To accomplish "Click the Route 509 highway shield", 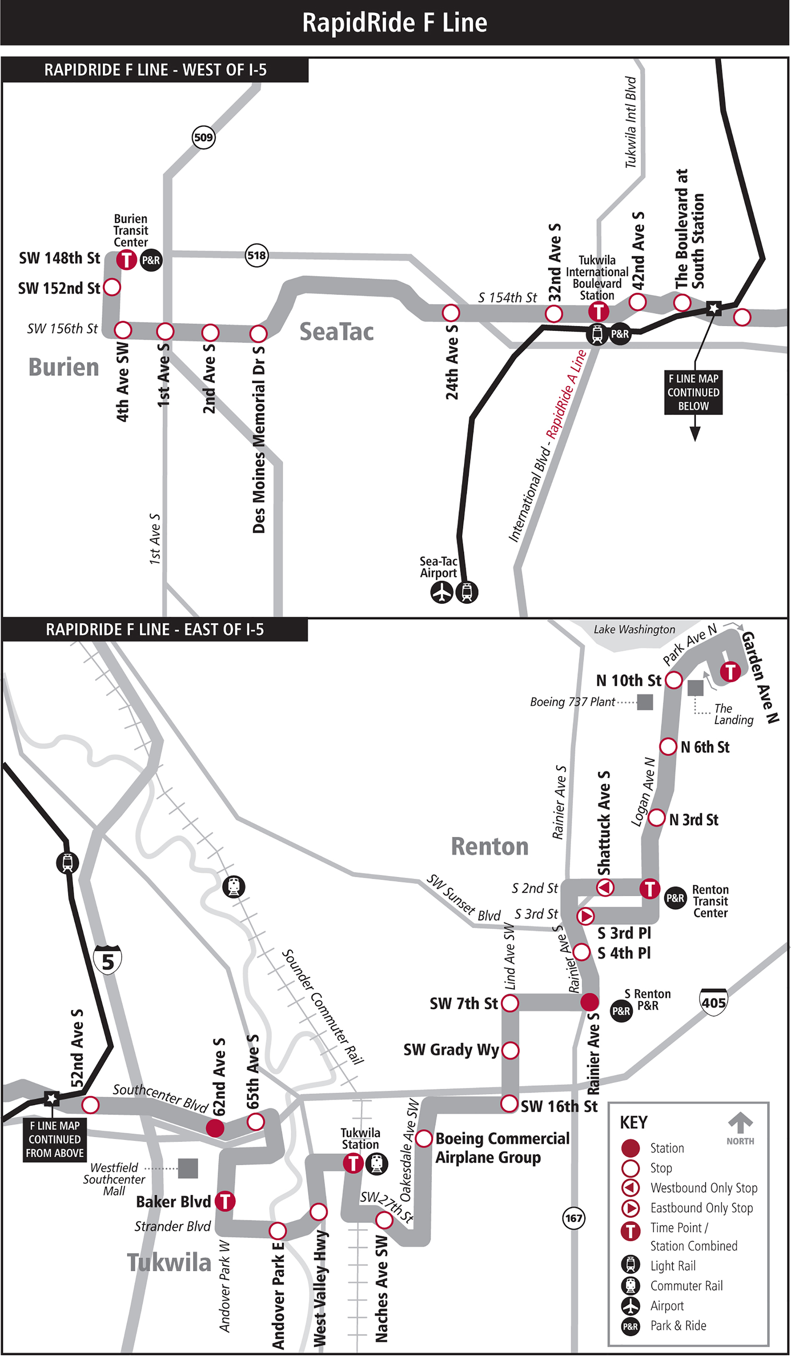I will click(x=203, y=137).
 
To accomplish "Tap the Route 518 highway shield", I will click(x=257, y=255).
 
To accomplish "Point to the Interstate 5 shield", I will click(x=108, y=960).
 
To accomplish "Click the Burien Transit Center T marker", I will click(x=127, y=260).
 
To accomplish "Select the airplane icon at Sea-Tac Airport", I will click(x=442, y=593).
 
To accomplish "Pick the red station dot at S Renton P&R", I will click(x=589, y=1002).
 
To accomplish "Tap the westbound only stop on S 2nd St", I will click(x=606, y=888).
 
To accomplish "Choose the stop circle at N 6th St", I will click(x=668, y=746).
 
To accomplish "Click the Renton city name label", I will click(x=490, y=847).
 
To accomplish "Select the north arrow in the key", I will click(x=740, y=1123).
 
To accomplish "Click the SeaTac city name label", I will click(x=336, y=331).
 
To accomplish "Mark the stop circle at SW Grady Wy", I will click(x=510, y=1050).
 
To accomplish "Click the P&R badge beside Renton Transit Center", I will click(x=675, y=898).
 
